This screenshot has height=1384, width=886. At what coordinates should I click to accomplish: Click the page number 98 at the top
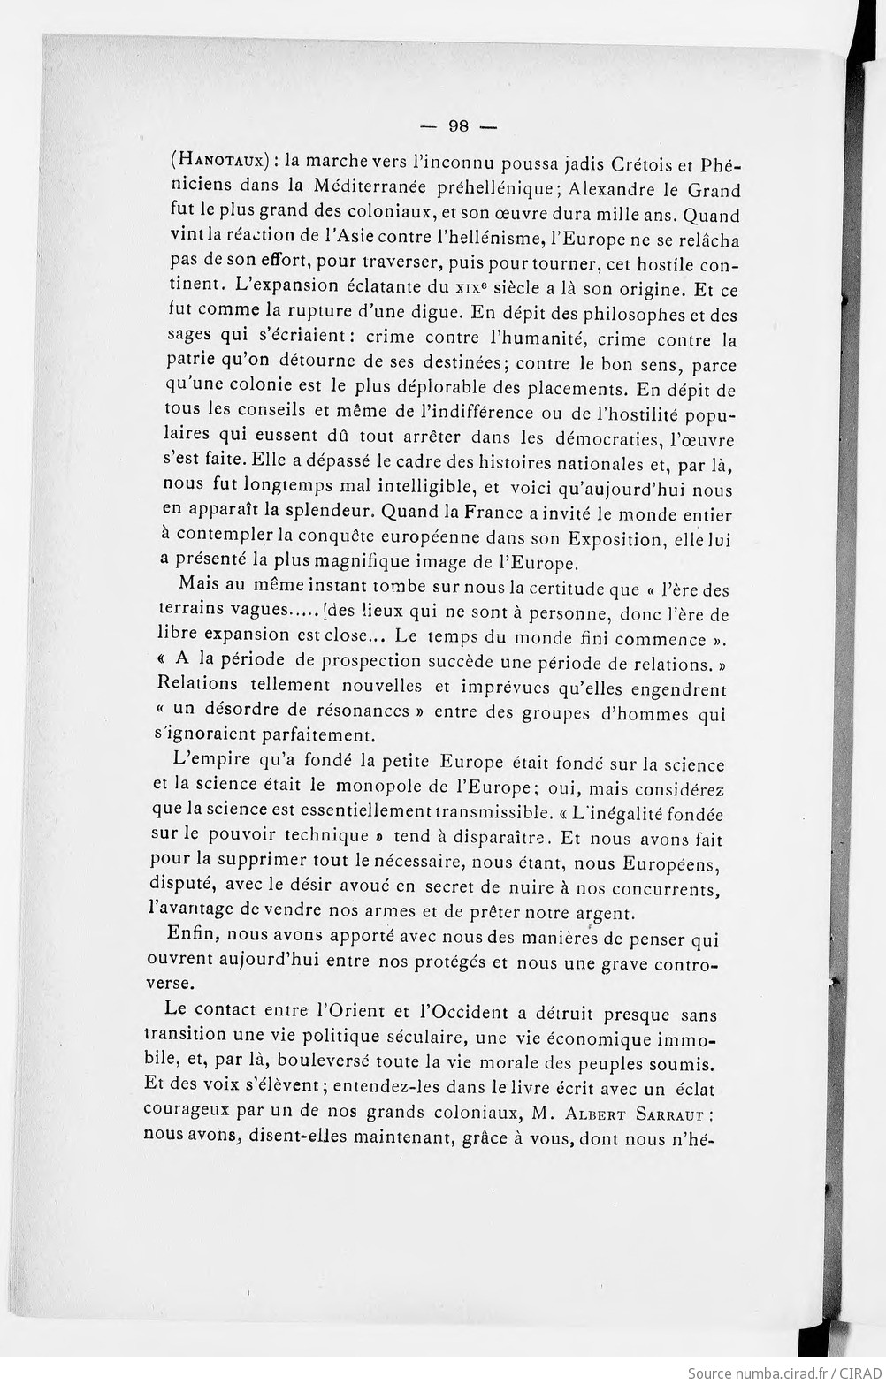tap(458, 125)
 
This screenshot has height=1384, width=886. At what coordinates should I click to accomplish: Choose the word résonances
tap(359, 711)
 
